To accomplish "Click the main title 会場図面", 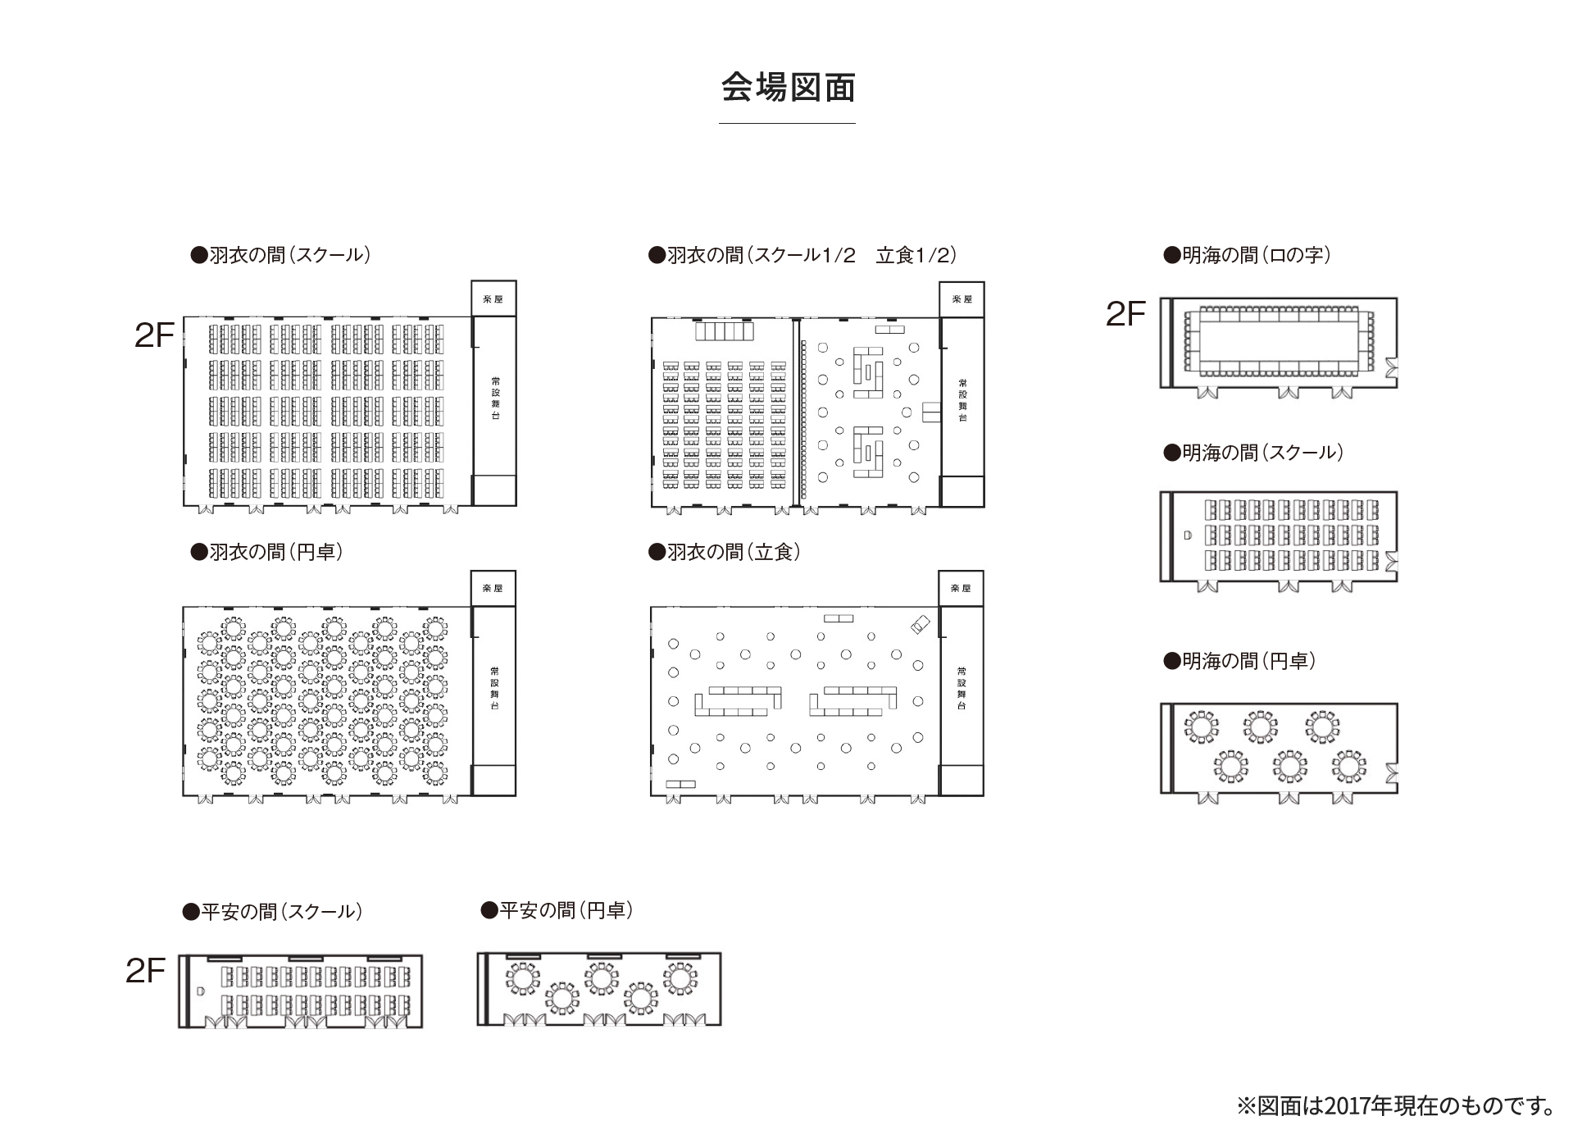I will pyautogui.click(x=788, y=88).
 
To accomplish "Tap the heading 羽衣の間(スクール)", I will pyautogui.click(x=280, y=255).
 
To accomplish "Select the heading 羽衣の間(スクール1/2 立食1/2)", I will pyautogui.click(x=802, y=255).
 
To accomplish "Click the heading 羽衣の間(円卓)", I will pyautogui.click(x=266, y=552).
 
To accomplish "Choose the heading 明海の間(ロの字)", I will pyautogui.click(x=1247, y=255).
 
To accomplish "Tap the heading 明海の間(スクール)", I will pyautogui.click(x=1253, y=453).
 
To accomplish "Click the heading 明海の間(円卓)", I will pyautogui.click(x=1239, y=661).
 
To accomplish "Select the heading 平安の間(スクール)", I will pyautogui.click(x=272, y=912).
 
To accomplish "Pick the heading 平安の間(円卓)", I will pyautogui.click(x=557, y=910).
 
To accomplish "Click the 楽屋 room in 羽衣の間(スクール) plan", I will pyautogui.click(x=493, y=299).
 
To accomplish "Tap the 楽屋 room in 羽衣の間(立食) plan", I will pyautogui.click(x=961, y=589).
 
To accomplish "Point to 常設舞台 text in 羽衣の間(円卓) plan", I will pyautogui.click(x=494, y=687).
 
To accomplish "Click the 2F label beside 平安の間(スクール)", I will pyautogui.click(x=146, y=971).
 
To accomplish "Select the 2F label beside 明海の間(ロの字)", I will pyautogui.click(x=1125, y=314).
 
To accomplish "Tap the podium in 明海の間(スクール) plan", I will pyautogui.click(x=1188, y=535).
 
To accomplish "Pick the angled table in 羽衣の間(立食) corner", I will pyautogui.click(x=921, y=625).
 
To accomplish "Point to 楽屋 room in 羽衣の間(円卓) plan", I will pyautogui.click(x=493, y=589).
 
